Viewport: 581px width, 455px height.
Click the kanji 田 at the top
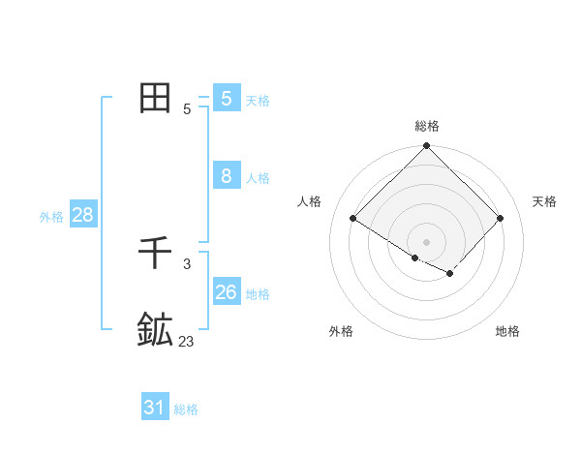pyautogui.click(x=156, y=98)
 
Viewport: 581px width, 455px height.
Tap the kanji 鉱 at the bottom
pyautogui.click(x=155, y=330)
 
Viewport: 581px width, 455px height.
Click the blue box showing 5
pyautogui.click(x=227, y=99)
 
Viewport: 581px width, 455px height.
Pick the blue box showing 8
pyautogui.click(x=227, y=176)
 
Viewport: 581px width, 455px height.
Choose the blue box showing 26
pyautogui.click(x=227, y=291)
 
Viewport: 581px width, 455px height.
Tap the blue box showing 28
pyautogui.click(x=83, y=215)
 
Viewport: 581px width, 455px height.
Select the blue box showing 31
pyautogui.click(x=155, y=408)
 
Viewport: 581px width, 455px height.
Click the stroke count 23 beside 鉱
pyautogui.click(x=186, y=341)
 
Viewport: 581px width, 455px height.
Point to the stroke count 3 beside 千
pyautogui.click(x=187, y=263)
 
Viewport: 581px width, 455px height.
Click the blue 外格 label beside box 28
pyautogui.click(x=51, y=217)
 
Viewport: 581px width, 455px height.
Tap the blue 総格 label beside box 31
pyautogui.click(x=186, y=409)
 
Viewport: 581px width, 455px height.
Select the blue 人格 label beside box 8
pyautogui.click(x=258, y=178)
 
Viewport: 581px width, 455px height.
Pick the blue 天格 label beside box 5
pyautogui.click(x=258, y=101)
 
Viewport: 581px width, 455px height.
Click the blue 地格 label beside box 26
pyautogui.click(x=258, y=294)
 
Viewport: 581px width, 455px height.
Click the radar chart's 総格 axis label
pyautogui.click(x=427, y=126)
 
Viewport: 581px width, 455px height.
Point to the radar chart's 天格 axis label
pyautogui.click(x=545, y=201)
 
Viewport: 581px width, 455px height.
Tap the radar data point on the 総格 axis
pyautogui.click(x=427, y=146)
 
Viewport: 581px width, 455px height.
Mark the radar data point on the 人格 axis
pyautogui.click(x=353, y=219)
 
